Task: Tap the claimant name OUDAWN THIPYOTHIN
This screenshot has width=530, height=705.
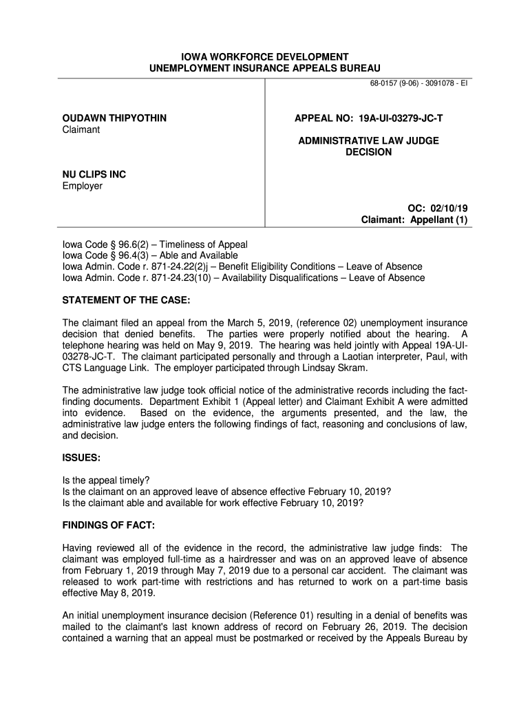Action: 114,118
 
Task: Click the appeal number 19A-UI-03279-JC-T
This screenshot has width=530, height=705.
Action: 401,118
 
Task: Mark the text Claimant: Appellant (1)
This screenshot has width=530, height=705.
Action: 415,220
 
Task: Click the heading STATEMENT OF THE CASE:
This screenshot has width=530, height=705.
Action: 126,300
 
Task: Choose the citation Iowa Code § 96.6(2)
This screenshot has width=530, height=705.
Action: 102,244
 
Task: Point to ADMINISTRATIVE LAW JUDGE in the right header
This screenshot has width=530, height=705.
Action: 368,140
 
